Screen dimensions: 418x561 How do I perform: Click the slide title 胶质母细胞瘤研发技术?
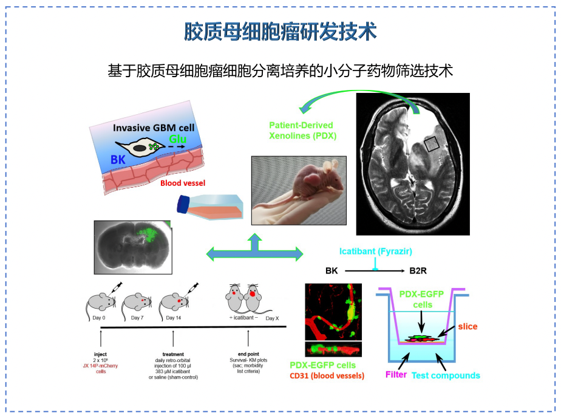point(280,32)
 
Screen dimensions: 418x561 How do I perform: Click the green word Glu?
point(177,140)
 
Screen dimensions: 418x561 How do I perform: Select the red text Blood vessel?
point(183,182)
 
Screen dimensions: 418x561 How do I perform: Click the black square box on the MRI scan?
point(432,145)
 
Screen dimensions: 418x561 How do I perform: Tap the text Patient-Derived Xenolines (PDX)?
point(303,130)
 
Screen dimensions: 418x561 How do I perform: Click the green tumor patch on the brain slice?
point(148,233)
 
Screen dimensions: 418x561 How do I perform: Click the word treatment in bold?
point(174,353)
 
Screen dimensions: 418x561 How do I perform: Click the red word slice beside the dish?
point(467,326)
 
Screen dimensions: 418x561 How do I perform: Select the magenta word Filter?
point(396,375)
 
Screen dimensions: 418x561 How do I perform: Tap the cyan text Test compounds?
point(446,375)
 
